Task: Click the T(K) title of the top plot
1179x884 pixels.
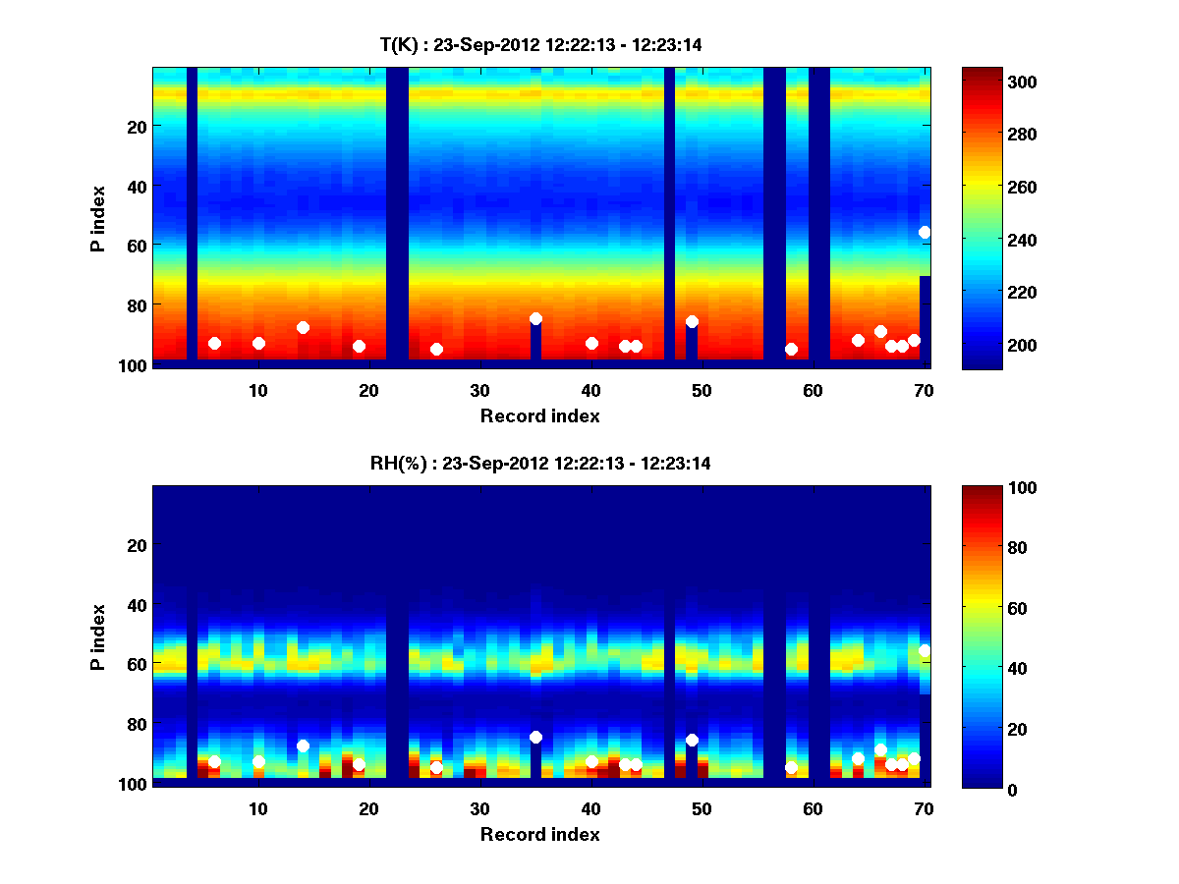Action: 539,44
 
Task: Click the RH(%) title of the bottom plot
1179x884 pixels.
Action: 539,463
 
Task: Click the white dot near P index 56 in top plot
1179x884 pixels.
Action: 925,232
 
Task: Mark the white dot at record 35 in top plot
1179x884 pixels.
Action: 535,318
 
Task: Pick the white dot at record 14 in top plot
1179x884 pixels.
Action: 303,327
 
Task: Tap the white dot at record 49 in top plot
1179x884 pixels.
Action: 692,321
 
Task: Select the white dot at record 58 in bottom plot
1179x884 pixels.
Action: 791,767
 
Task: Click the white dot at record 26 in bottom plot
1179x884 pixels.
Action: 436,767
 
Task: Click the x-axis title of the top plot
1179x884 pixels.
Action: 539,415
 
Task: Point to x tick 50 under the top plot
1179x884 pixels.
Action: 702,390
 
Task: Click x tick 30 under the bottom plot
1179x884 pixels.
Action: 479,808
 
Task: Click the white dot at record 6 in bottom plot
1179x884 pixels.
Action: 214,761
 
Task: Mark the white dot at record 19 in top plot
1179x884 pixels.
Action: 359,346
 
